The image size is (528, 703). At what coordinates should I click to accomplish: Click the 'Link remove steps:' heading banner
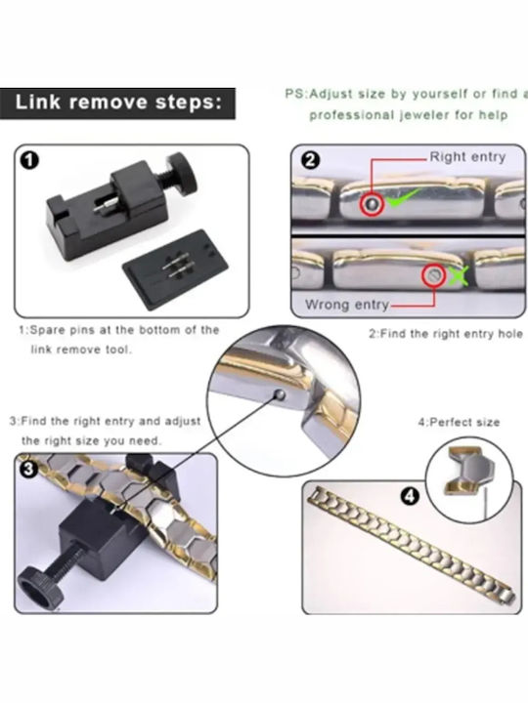click(x=117, y=103)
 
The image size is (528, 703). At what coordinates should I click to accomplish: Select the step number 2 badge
click(x=310, y=159)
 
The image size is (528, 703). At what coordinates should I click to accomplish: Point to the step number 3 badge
click(x=27, y=469)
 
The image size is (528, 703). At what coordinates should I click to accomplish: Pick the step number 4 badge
click(x=409, y=496)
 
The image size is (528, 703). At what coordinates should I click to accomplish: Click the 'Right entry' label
click(x=467, y=157)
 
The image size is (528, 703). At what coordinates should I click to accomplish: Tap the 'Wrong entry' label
click(x=346, y=305)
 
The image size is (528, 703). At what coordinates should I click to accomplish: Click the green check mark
click(x=403, y=197)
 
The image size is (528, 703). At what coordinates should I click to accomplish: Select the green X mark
click(x=458, y=275)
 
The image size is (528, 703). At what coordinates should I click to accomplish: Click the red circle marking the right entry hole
click(x=372, y=204)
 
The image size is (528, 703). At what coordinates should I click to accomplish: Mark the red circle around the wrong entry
click(x=434, y=275)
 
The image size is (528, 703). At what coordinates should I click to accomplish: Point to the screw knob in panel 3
click(x=37, y=587)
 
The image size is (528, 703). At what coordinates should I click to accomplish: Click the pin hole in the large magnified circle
click(x=280, y=395)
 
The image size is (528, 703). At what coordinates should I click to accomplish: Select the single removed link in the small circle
click(x=469, y=472)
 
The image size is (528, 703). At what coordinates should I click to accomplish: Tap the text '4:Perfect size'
click(x=459, y=423)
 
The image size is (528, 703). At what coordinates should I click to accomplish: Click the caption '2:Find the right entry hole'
click(x=446, y=334)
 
